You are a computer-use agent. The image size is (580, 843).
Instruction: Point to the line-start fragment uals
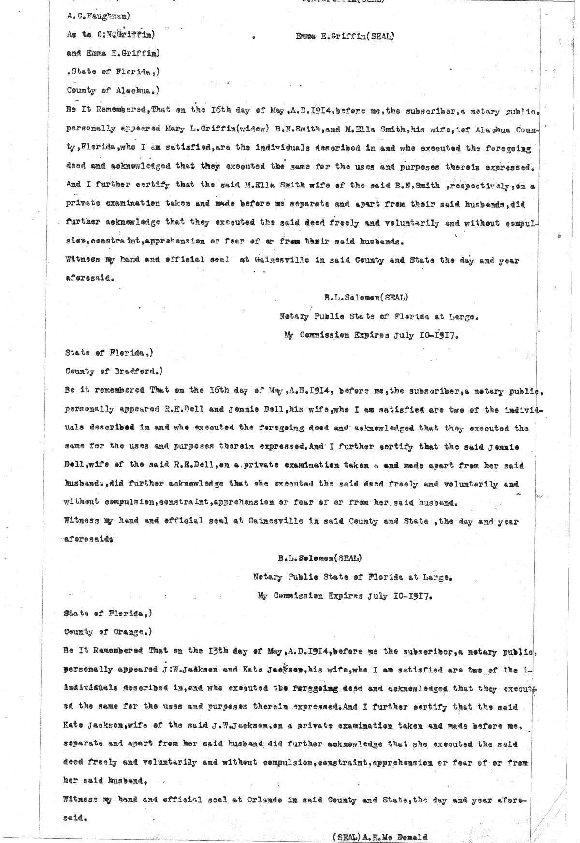coord(73,428)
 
